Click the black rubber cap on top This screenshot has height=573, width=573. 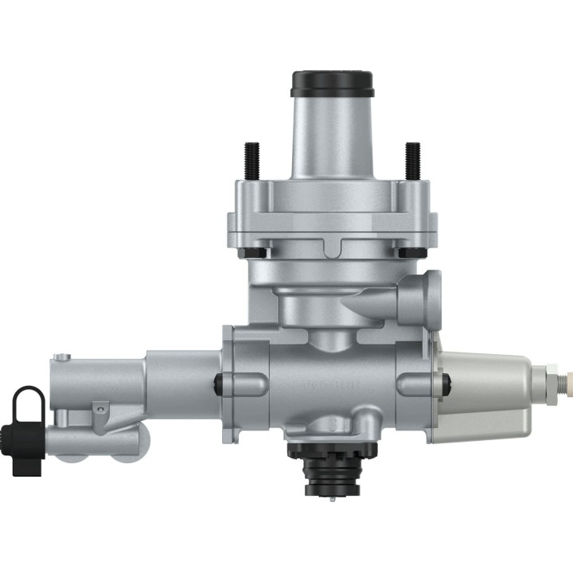[x=332, y=83]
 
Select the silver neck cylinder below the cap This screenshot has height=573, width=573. [x=332, y=135]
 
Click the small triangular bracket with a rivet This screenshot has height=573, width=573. [x=98, y=409]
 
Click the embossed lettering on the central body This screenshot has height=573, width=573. [x=333, y=386]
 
